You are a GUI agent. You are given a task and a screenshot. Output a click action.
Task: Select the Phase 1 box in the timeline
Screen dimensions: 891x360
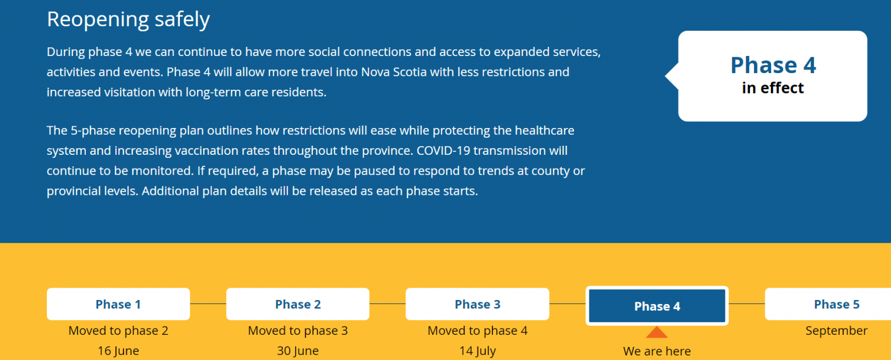pos(118,304)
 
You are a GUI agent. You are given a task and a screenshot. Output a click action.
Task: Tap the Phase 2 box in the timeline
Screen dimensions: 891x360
pos(298,304)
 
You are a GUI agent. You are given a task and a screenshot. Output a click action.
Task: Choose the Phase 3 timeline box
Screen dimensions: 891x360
pos(477,304)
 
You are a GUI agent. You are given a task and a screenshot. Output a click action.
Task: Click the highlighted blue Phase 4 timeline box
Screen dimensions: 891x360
pos(657,306)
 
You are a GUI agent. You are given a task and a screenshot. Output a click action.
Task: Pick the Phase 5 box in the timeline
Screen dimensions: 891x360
pos(828,304)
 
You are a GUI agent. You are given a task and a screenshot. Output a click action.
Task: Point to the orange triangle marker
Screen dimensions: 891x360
pos(657,332)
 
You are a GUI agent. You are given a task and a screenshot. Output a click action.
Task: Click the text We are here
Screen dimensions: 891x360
pos(657,351)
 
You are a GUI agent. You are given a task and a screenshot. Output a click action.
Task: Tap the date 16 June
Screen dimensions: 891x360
pos(118,351)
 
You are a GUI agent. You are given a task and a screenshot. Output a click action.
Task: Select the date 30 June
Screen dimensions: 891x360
pos(298,351)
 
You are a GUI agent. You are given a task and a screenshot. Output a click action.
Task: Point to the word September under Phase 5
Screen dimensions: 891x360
pos(837,331)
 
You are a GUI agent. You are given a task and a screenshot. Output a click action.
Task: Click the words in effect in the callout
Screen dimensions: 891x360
pos(772,88)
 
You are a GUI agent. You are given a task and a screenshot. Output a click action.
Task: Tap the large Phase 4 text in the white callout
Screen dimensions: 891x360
pos(773,65)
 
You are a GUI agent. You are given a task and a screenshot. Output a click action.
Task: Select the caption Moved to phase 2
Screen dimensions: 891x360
pos(118,330)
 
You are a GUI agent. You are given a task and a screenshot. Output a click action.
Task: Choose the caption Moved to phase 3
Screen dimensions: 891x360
pos(298,330)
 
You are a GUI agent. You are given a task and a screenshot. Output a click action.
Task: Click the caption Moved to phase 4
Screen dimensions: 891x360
pos(477,330)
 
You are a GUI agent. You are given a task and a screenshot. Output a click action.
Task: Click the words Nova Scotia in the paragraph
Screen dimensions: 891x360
pos(394,72)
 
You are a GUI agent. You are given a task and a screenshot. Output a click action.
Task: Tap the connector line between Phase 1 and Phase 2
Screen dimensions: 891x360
pos(208,304)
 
